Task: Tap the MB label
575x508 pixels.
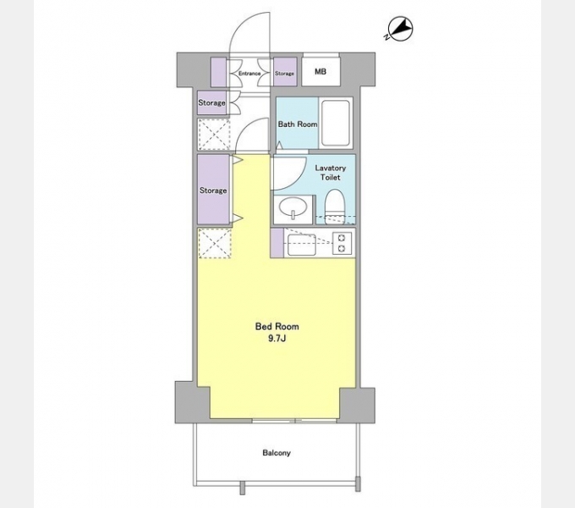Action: tap(320, 72)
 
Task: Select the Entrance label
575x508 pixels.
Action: tap(249, 74)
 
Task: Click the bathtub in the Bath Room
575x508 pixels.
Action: tap(335, 123)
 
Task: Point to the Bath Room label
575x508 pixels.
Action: tap(298, 124)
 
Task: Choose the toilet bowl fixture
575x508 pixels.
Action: tap(334, 206)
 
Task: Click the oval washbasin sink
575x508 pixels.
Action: tap(293, 207)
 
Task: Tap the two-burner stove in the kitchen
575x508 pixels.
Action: tap(342, 243)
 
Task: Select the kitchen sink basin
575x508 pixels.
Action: tap(301, 245)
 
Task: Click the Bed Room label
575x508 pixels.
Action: tap(277, 326)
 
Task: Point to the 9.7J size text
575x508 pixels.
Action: tap(277, 339)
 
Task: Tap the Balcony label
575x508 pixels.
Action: tap(277, 453)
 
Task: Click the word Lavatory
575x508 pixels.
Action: tap(331, 168)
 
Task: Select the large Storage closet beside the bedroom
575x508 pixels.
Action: tap(213, 189)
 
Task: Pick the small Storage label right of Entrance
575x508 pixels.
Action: tap(285, 74)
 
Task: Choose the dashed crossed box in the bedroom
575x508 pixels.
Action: tap(215, 243)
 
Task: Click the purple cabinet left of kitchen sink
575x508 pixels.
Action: tap(277, 243)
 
